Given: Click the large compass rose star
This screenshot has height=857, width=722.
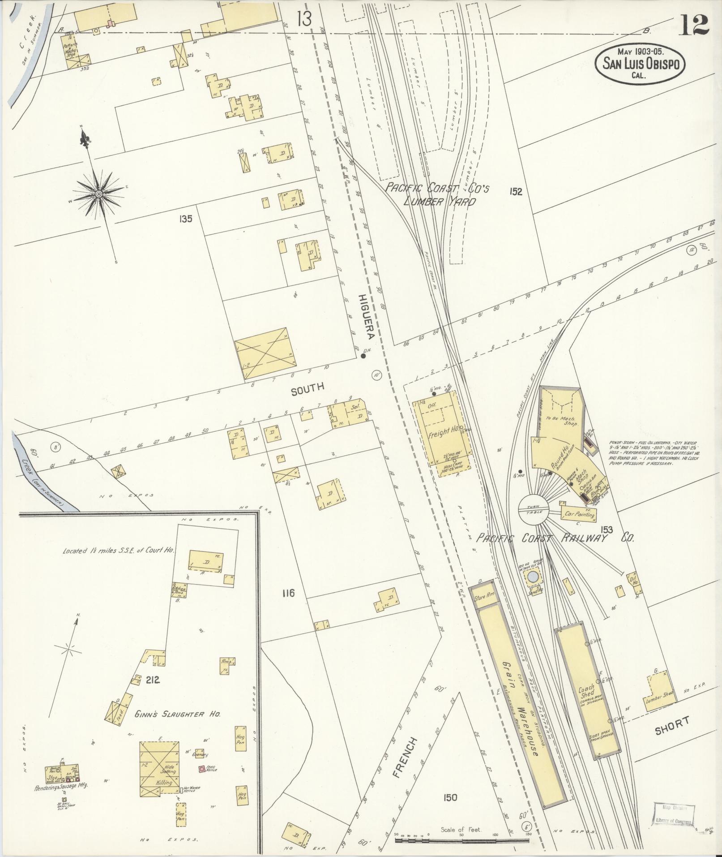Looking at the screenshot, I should (98, 194).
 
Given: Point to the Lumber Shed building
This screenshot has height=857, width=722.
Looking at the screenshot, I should (658, 694).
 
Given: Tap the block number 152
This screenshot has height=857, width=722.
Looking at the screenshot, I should (516, 192).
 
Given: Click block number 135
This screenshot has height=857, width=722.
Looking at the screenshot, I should (185, 219).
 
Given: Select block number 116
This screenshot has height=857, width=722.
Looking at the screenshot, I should (288, 593).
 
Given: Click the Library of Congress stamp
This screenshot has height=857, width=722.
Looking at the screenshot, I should (674, 814).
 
